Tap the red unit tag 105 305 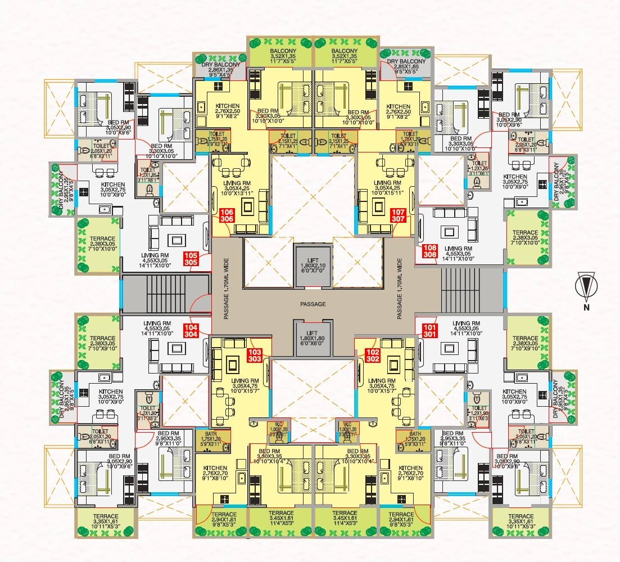pos(192,259)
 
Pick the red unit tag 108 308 pos(429,250)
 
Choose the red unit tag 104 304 pos(192,330)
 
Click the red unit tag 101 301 pos(429,330)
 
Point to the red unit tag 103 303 pos(254,355)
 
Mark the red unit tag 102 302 pos(372,355)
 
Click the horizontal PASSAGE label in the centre pos(313,304)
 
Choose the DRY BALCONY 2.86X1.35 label pos(220,68)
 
